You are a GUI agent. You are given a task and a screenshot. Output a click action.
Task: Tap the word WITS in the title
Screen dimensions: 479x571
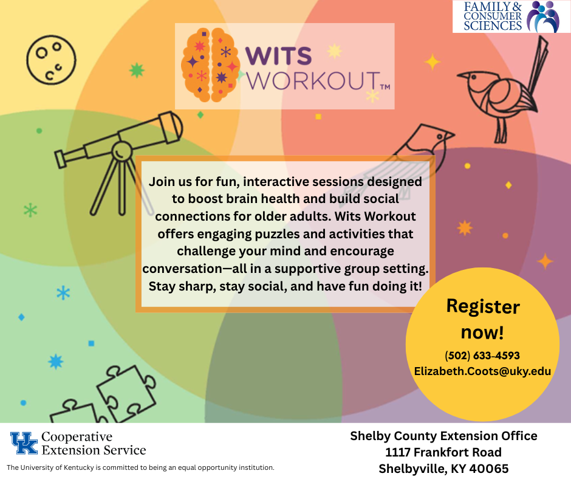point(278,57)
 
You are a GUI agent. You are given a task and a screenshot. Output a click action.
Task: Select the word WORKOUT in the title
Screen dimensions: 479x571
point(311,81)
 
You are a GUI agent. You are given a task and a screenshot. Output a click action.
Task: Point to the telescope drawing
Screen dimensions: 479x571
point(118,152)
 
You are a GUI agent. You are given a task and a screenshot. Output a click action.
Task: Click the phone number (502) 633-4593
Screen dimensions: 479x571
point(482,355)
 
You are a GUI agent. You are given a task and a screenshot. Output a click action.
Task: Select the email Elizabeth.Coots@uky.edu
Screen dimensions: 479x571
point(482,371)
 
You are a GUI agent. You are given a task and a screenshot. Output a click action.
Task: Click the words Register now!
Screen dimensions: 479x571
point(482,319)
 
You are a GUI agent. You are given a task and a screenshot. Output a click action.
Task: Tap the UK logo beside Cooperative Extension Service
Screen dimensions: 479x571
point(24,443)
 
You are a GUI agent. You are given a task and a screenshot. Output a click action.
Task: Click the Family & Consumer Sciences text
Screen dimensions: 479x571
point(493,16)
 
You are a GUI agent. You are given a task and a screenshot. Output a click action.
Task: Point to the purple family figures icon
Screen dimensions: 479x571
point(544,16)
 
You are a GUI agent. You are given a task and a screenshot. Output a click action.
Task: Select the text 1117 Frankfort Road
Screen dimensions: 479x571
point(443,452)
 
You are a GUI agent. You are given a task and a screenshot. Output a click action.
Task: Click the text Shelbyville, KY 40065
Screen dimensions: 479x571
point(443,469)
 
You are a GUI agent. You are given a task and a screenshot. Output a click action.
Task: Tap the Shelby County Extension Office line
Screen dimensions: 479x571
point(443,436)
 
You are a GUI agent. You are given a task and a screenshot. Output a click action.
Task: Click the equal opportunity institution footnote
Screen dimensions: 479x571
point(140,467)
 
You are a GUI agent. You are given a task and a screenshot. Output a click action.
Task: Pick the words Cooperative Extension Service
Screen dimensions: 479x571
point(93,443)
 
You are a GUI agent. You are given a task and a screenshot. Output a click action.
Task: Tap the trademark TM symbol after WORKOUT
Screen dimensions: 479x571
point(385,87)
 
